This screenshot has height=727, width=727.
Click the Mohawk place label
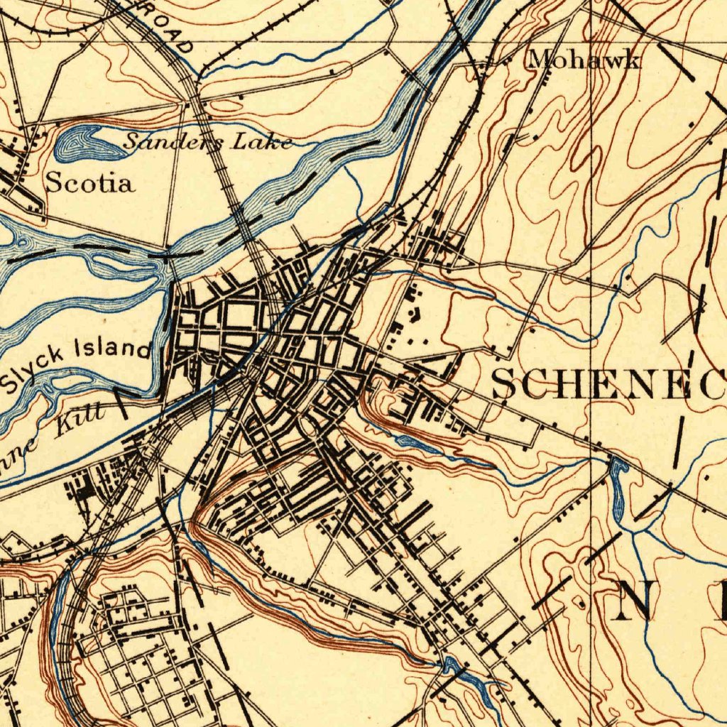click(x=584, y=60)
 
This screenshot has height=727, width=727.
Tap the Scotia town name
click(x=89, y=183)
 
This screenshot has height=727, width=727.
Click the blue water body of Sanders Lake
click(x=84, y=145)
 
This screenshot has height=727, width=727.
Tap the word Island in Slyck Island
click(x=114, y=349)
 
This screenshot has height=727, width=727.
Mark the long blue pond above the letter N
click(x=618, y=490)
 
